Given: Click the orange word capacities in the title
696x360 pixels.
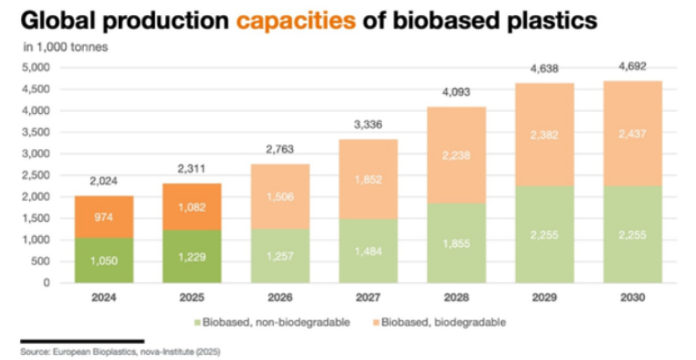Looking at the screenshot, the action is pyautogui.click(x=296, y=20).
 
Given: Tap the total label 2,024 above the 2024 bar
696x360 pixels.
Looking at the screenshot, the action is pyautogui.click(x=104, y=181).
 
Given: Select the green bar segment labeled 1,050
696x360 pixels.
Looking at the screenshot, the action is pyautogui.click(x=104, y=260).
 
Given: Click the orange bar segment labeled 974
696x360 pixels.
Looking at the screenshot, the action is pyautogui.click(x=104, y=217).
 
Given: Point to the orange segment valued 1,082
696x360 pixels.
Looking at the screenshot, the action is pyautogui.click(x=192, y=207).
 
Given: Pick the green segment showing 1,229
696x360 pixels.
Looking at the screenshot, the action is pyautogui.click(x=192, y=256).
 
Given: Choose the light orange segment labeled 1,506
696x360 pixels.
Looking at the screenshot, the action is pyautogui.click(x=280, y=197).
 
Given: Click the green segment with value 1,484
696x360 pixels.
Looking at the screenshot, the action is pyautogui.click(x=369, y=251).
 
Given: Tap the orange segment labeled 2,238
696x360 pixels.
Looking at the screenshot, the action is pyautogui.click(x=456, y=156).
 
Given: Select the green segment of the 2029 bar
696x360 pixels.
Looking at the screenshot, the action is pyautogui.click(x=544, y=234).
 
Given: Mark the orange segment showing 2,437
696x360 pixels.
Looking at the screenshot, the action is pyautogui.click(x=632, y=134).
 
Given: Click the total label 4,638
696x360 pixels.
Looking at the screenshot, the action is pyautogui.click(x=544, y=69).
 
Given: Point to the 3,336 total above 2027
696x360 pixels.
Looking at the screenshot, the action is pyautogui.click(x=369, y=125).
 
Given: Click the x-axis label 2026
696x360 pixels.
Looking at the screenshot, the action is pyautogui.click(x=280, y=297).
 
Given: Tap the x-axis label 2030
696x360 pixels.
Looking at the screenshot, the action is pyautogui.click(x=632, y=297).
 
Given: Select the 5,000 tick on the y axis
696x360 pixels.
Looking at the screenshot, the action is pyautogui.click(x=37, y=68).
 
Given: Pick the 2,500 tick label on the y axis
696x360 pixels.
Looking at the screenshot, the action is pyautogui.click(x=37, y=175).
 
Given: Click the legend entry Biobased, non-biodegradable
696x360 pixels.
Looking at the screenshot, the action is pyautogui.click(x=272, y=322).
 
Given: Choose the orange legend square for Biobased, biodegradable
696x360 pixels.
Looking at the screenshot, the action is pyautogui.click(x=376, y=322).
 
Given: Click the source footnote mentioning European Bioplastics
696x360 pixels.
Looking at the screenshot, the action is pyautogui.click(x=121, y=352).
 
